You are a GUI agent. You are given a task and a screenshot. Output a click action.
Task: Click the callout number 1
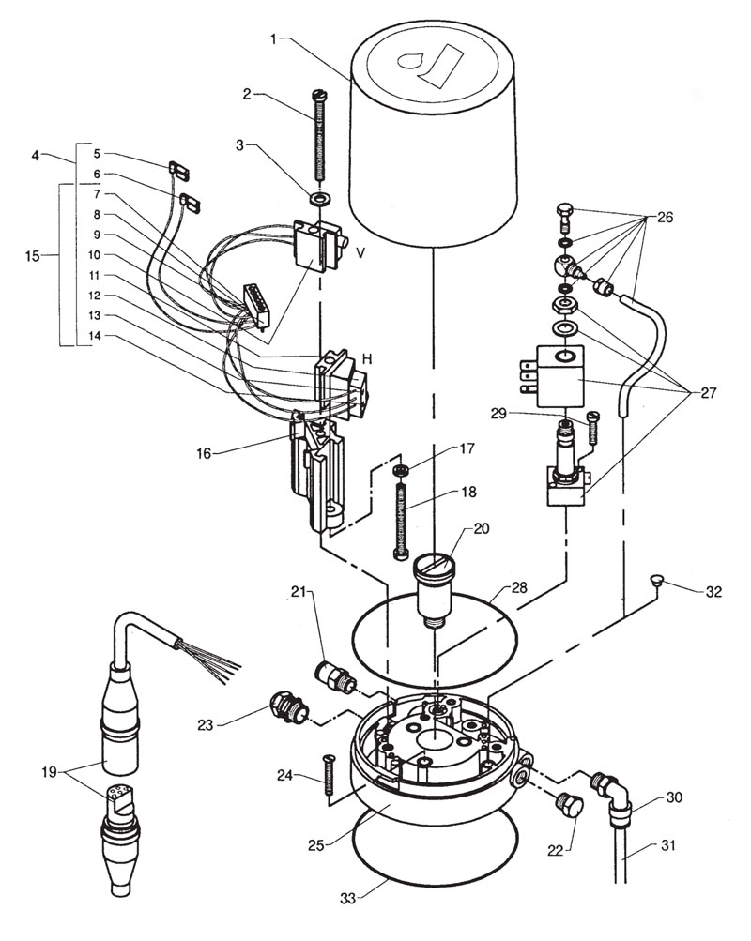coord(274,39)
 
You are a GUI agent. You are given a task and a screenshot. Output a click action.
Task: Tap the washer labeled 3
coord(319,198)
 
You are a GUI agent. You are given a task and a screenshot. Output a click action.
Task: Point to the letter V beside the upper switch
coord(360,252)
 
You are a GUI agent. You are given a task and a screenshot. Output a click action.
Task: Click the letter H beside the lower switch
coord(368,359)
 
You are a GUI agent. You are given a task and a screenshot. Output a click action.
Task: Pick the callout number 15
coord(32,256)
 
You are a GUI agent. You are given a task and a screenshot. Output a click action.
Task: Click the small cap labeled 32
coord(656,580)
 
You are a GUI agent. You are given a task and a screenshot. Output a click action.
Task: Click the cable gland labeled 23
coord(289,707)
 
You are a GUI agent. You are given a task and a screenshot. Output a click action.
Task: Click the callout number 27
coord(708,393)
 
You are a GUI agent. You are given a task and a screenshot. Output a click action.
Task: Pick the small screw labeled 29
coord(593,427)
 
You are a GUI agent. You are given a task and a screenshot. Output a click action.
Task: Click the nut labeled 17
coord(401,469)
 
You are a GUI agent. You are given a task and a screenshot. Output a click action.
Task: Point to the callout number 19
coord(49,771)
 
